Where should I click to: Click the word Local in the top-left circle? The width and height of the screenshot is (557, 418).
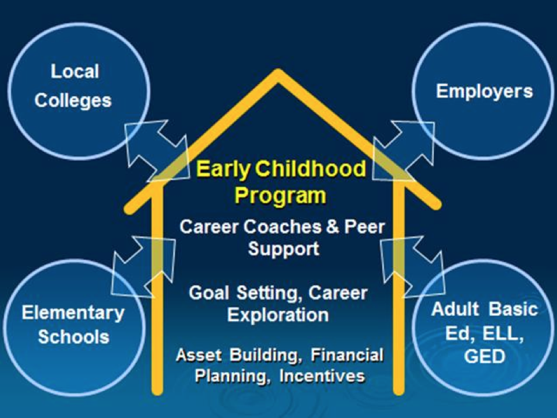75,71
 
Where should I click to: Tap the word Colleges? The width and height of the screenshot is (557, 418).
73,101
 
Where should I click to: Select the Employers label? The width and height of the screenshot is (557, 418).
484,92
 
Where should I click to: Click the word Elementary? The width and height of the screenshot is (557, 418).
73,313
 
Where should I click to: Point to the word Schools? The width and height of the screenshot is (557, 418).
73,336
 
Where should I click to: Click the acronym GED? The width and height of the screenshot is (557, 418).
484,356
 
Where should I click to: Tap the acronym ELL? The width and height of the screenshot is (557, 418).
503,333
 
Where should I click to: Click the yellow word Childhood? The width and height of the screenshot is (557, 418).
310,168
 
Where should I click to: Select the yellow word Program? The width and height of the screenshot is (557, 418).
280,196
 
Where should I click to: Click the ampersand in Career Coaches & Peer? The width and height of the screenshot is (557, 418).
332,227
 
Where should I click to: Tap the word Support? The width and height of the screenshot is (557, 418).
283,249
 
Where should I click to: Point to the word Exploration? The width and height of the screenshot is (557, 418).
278,315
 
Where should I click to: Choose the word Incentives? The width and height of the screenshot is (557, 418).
322,376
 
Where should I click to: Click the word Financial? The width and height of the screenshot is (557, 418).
347,355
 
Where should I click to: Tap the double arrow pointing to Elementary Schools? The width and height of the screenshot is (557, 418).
144,266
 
